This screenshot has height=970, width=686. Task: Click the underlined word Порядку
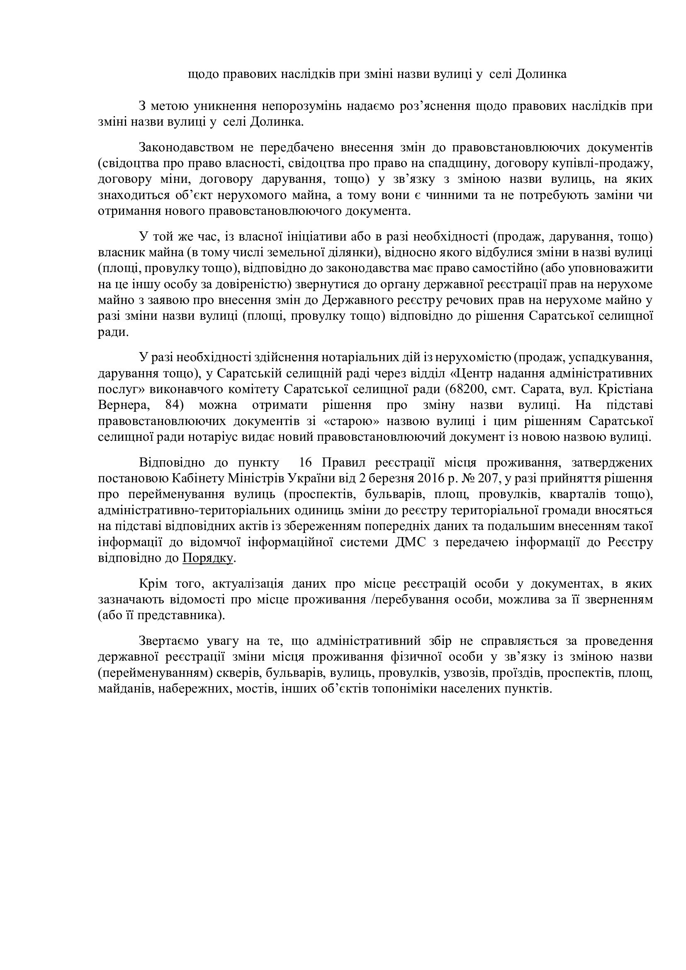pos(208,558)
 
